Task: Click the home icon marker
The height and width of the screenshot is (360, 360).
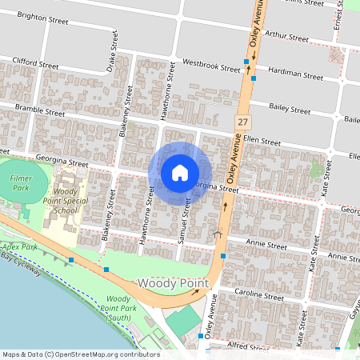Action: coord(180,173)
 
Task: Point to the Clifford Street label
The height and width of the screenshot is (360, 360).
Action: coord(35,62)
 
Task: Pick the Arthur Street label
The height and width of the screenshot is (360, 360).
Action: coord(286,37)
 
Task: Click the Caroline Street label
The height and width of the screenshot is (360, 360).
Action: coord(258,296)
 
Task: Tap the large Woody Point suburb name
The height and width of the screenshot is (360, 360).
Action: coord(173,283)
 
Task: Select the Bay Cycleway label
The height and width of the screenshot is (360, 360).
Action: coord(22,266)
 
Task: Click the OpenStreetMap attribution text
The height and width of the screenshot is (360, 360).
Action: coord(80,354)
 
